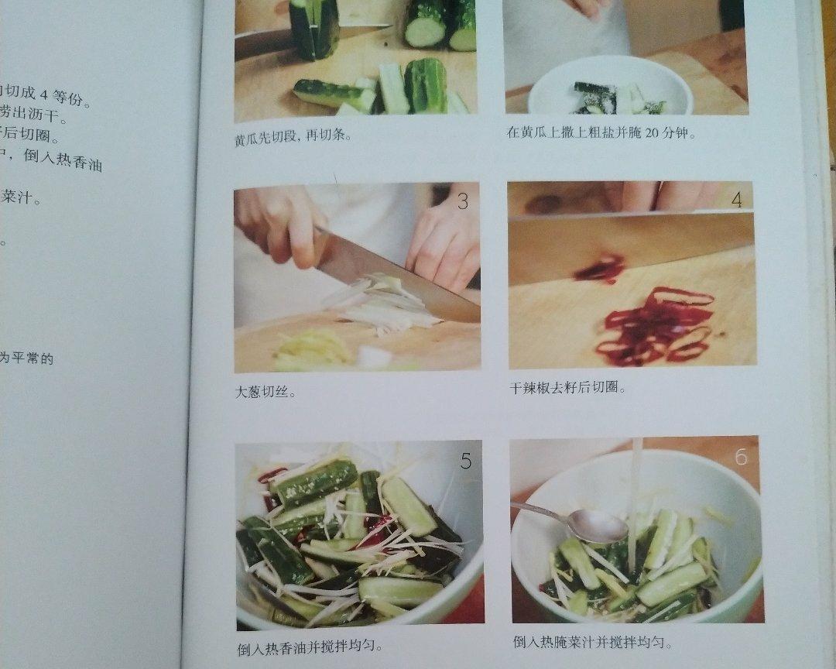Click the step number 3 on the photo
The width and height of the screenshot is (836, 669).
coord(462,202)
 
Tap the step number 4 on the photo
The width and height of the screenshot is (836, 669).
coord(736,200)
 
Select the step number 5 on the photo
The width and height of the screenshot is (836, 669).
coord(465,461)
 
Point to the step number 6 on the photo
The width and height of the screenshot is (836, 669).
coord(741,457)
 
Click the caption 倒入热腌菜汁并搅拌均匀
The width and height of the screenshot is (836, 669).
coord(592,643)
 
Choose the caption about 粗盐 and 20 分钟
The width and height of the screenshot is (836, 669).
coord(601,132)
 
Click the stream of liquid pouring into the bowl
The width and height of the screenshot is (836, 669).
coord(636,496)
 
